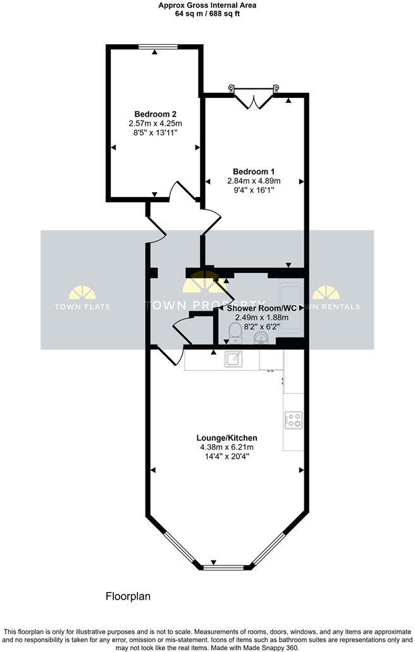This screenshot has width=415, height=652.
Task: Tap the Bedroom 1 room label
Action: tap(253, 171)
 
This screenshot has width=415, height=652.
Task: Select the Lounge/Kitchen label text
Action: tap(226, 438)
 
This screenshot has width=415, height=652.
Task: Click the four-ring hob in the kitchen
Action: tap(293, 420)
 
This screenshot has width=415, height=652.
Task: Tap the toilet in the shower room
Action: tap(235, 331)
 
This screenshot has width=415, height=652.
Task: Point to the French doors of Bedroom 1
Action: tap(253, 98)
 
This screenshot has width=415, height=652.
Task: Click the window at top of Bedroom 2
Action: tap(154, 45)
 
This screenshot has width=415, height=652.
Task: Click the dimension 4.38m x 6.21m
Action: tap(226, 447)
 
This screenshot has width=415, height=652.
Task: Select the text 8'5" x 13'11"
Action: tap(154, 133)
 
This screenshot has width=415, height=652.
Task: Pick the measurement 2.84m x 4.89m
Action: tap(253, 181)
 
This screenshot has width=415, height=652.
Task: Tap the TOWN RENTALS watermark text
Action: tap(333, 307)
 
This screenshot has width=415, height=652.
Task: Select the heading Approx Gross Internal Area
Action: tap(207, 4)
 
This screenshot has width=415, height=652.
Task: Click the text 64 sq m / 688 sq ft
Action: tap(207, 13)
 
